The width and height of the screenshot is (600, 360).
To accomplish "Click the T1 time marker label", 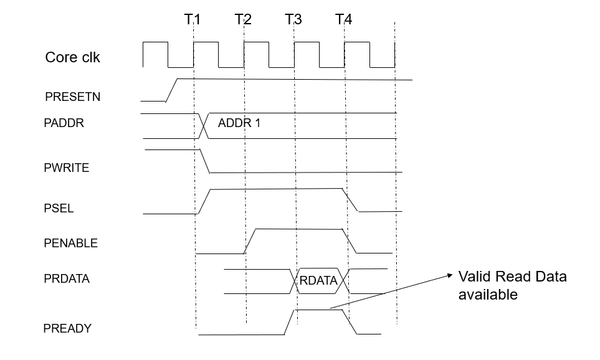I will (x=192, y=19).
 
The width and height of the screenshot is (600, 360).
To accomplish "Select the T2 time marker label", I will (x=243, y=19).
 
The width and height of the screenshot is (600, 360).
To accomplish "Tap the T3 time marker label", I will (x=293, y=19).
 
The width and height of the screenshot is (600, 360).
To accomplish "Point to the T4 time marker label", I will (x=343, y=19).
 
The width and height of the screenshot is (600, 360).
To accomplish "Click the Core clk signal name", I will (x=72, y=57).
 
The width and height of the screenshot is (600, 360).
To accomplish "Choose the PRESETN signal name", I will (x=72, y=97).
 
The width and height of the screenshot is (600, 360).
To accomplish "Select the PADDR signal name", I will (x=64, y=123).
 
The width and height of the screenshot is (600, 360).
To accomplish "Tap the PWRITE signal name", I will (x=66, y=168).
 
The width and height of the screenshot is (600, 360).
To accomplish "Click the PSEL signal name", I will (x=59, y=208).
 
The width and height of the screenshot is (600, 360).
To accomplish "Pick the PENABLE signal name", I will (x=70, y=243).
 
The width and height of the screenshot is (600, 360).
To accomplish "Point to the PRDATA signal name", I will (x=67, y=279).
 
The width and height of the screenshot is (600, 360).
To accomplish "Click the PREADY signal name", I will (x=67, y=328).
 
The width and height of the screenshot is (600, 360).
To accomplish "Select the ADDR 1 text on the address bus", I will (x=239, y=123).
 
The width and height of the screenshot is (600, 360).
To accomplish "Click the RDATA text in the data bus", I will (x=318, y=281).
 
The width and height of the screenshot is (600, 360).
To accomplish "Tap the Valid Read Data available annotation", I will (x=512, y=285).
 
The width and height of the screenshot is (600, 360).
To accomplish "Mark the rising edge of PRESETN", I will (x=171, y=90).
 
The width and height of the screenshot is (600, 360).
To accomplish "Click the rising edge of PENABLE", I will (x=250, y=241).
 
